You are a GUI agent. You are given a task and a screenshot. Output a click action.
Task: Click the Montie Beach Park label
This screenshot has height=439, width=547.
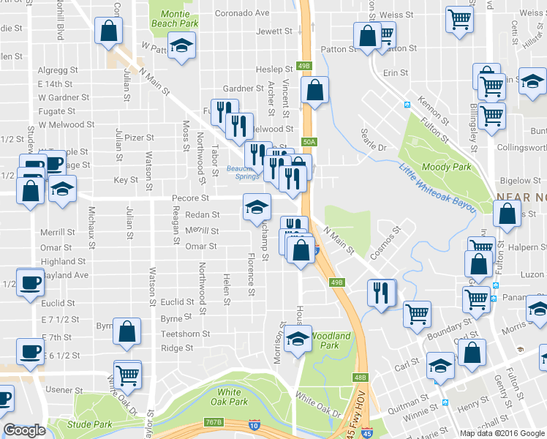[175, 18]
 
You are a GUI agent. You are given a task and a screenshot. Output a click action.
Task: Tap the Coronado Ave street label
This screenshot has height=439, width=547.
[242, 12]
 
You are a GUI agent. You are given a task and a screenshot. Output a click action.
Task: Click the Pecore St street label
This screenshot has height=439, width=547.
[190, 198]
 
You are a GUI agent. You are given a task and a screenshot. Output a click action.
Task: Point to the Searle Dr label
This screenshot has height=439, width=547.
[373, 136]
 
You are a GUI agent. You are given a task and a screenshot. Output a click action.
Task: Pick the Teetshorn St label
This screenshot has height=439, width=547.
[185, 334]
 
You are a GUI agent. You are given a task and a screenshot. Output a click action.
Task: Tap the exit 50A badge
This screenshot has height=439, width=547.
[309, 142]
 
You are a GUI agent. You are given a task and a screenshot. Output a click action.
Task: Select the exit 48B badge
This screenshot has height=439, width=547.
[360, 378]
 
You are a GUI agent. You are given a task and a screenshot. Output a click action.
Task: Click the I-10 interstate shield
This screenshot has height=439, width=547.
[254, 425]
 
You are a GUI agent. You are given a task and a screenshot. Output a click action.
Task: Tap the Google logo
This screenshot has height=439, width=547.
[24, 430]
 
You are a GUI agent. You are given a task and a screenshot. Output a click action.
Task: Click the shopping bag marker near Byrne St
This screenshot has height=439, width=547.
[128, 331]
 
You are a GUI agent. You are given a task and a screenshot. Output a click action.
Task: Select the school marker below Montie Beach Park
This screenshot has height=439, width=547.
[180, 45]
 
